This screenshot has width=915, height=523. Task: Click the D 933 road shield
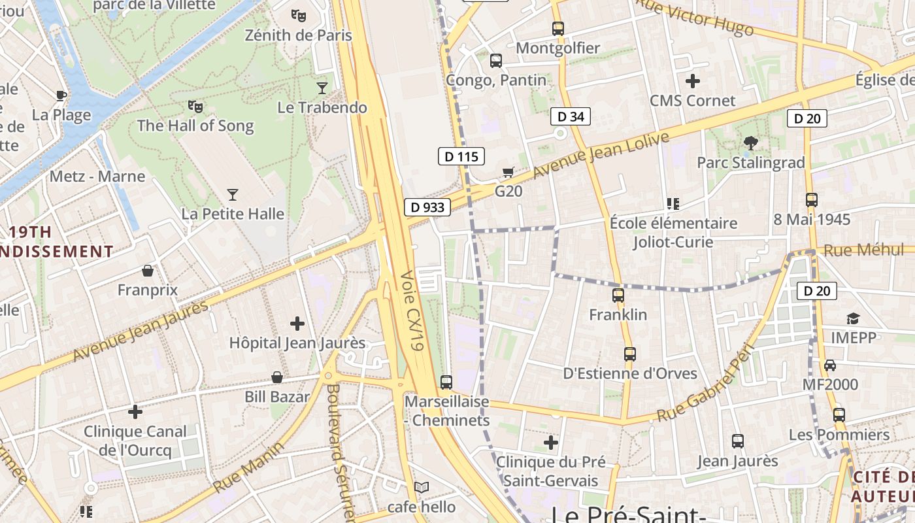tap(427, 207)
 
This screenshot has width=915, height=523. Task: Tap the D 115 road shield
tap(461, 156)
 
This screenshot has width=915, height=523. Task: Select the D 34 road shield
tap(570, 117)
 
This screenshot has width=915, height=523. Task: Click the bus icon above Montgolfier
tap(557, 28)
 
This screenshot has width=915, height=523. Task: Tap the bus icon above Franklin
tap(618, 295)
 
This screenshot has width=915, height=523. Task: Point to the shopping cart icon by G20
tap(508, 172)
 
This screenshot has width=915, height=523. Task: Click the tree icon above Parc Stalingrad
tap(750, 143)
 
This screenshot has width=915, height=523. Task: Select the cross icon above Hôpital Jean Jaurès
tap(297, 323)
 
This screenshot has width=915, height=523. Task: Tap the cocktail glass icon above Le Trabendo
tap(322, 88)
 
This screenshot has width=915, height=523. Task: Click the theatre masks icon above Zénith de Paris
tap(299, 15)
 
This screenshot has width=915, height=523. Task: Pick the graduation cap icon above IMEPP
tap(853, 318)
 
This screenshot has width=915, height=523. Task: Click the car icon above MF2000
tap(830, 365)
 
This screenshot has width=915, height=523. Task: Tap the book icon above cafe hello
tap(422, 487)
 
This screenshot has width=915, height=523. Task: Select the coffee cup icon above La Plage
tap(61, 95)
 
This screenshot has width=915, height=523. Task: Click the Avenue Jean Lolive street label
tap(601, 156)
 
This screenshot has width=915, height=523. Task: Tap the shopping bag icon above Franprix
tap(148, 271)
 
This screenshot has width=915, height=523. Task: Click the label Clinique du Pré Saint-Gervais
tap(550, 471)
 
